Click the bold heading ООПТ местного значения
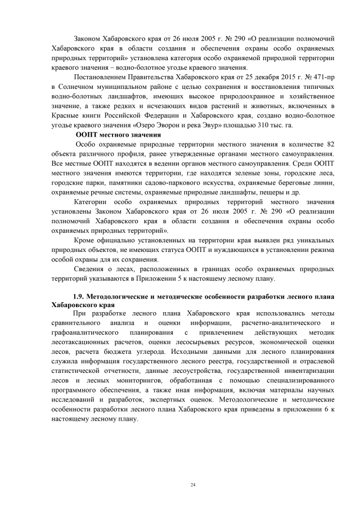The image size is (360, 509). (118, 135)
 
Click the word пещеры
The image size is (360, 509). (287, 192)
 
